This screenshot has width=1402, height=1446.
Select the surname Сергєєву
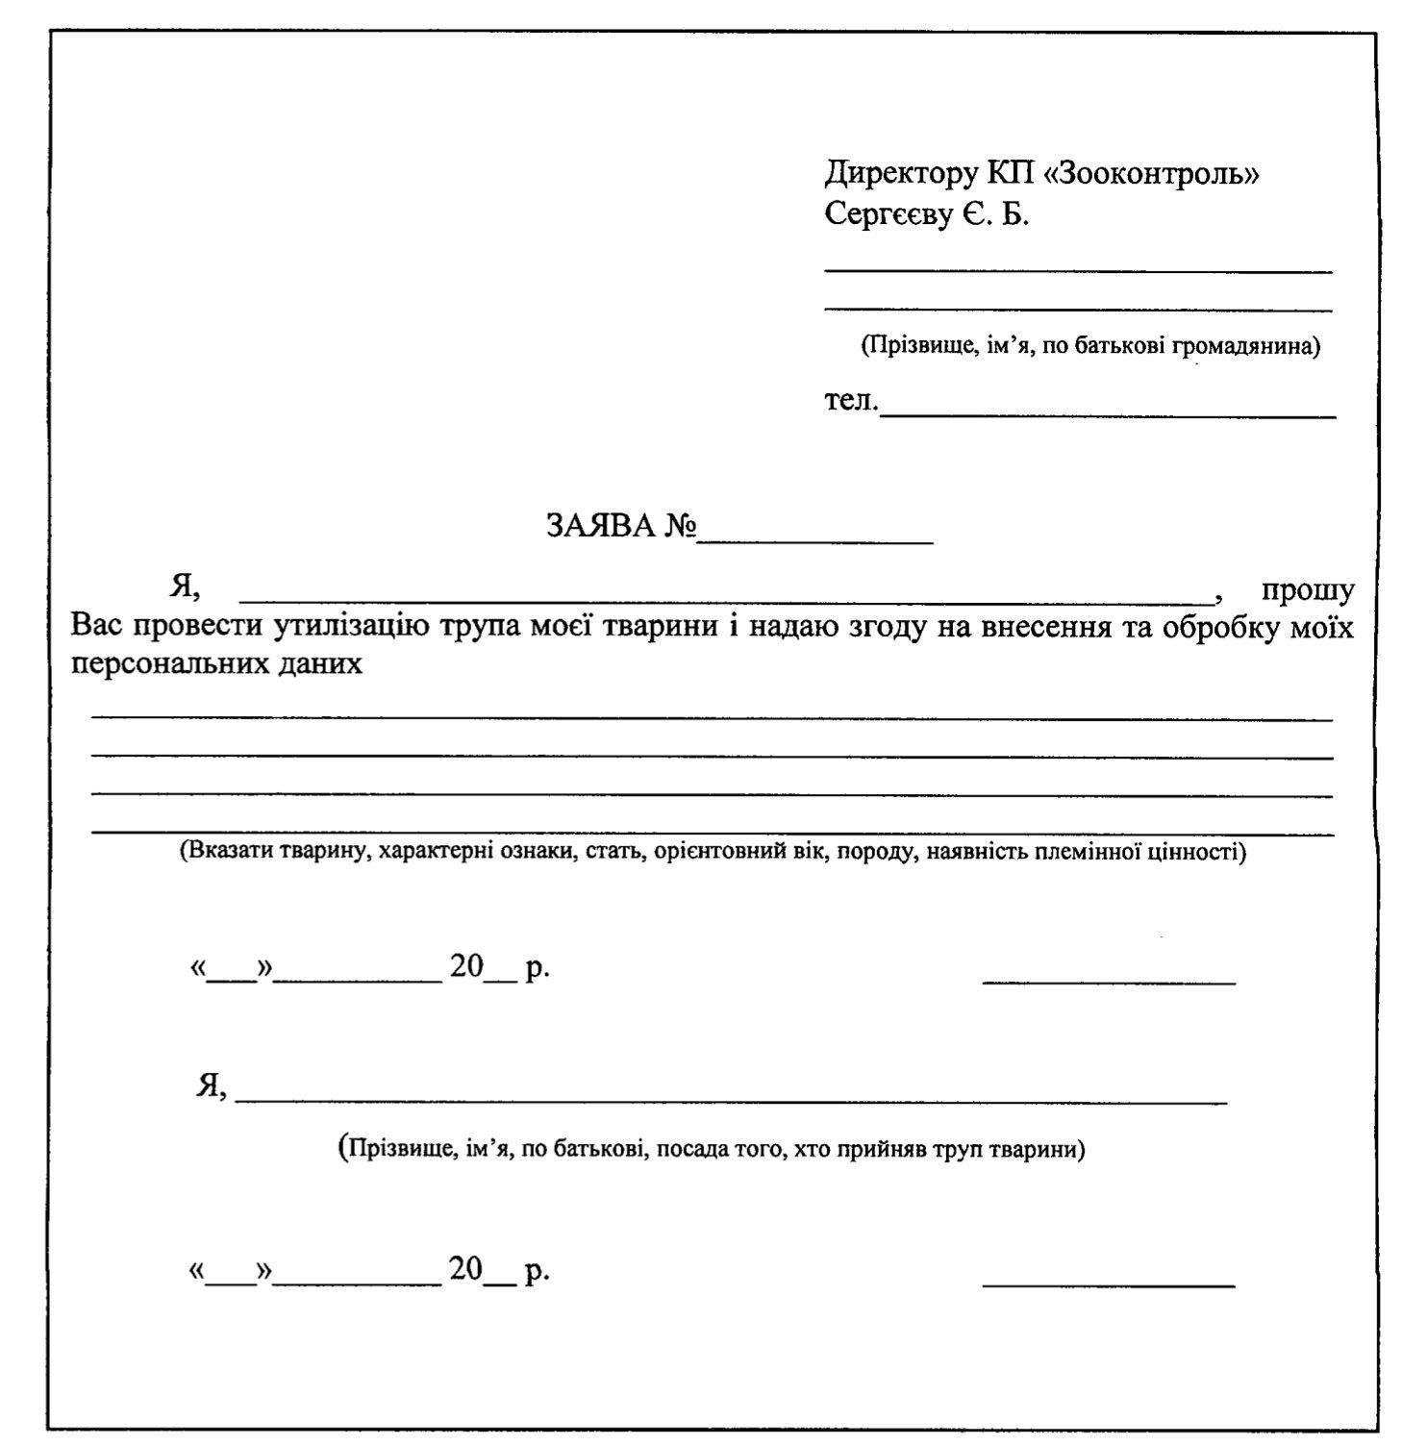pos(886,214)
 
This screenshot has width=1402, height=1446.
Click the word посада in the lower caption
pos(688,1149)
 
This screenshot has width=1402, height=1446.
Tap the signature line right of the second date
pos(1108,1285)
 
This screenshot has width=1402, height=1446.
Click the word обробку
pos(1214,627)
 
